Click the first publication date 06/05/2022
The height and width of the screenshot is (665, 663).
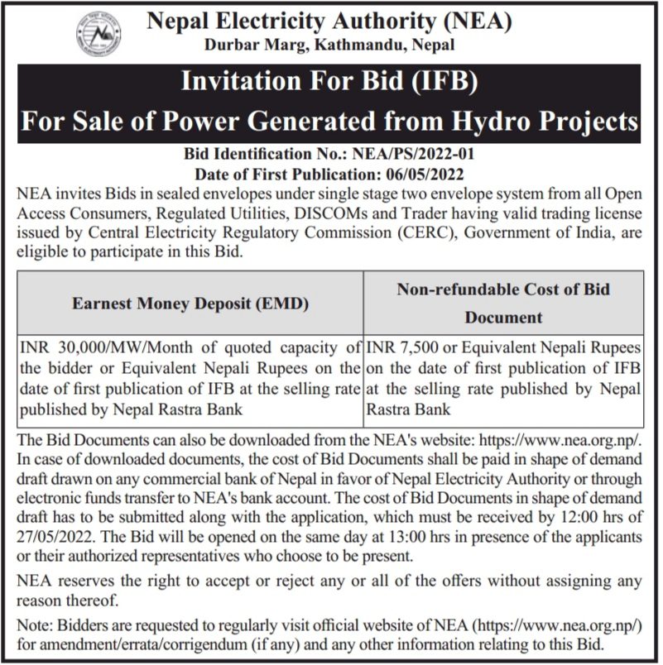429,174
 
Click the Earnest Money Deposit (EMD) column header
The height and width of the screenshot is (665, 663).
190,304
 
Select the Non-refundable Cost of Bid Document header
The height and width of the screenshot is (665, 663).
503,303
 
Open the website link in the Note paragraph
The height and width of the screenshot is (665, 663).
552,627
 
